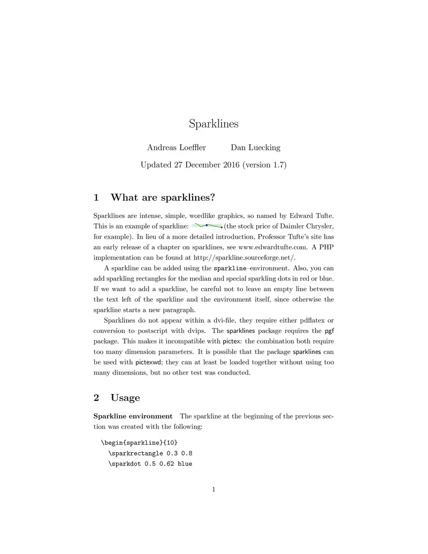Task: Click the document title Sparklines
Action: [213, 124]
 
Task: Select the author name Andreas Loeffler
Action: [177, 148]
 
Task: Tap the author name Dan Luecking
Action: [255, 148]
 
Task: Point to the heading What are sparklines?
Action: [163, 198]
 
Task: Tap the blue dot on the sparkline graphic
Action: [207, 225]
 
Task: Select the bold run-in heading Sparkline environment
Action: [133, 416]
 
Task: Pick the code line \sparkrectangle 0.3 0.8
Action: [150, 453]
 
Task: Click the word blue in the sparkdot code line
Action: [184, 464]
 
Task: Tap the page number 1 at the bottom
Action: [213, 489]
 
